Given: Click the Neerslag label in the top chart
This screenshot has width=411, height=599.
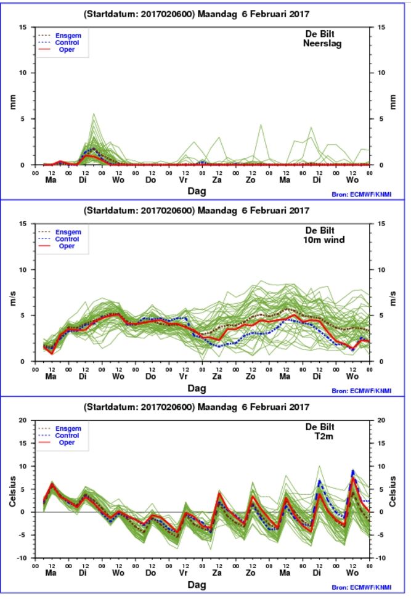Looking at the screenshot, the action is pos(322,44).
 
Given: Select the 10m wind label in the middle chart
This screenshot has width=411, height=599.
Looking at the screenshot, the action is pos(324,240).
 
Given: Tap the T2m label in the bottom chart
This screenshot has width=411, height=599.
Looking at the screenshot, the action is pos(324,436).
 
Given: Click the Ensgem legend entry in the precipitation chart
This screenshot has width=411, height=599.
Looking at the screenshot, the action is pos(68,36).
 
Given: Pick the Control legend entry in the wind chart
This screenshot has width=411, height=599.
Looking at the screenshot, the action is pos(67,239).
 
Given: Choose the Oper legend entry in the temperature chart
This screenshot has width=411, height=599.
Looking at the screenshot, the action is pos(67,442).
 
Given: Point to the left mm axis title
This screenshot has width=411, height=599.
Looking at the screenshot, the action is pos(12,102).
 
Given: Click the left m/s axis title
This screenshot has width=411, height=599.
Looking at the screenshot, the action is pos(12,298).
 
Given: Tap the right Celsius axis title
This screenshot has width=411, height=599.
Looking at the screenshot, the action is pos(393,491).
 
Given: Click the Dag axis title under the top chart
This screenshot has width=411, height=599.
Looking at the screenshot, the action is pos(197,191).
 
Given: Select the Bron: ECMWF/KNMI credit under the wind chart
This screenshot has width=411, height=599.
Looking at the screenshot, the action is pos(361,391).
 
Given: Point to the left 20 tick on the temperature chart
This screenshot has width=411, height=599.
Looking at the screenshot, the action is pos(23,420).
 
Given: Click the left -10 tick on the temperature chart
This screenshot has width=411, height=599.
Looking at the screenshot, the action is pos(22,558).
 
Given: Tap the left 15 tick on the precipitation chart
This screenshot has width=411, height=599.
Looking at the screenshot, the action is pos(23,27).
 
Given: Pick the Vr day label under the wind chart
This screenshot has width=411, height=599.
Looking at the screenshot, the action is pos(184,377).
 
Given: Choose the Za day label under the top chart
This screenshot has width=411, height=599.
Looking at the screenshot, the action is pos(216,180).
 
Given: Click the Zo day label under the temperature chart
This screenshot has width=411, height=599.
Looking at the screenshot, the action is pos(250,573).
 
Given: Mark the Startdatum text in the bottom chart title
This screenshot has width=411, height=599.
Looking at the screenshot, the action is pos(112,407).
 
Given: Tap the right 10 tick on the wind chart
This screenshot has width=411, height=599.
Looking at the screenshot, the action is pos(381,270).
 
